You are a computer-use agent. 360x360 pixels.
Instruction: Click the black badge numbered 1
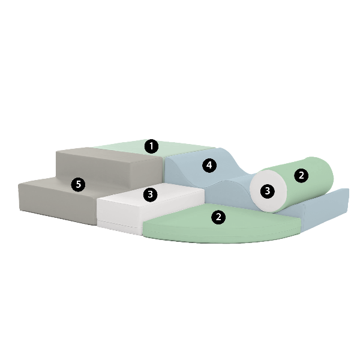(151, 146)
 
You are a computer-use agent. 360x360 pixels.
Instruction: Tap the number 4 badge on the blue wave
(209, 166)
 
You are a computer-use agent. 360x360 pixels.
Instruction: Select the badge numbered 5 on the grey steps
(78, 185)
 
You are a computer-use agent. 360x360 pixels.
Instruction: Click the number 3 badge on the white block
(150, 194)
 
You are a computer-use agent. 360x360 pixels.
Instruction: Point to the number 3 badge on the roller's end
(267, 191)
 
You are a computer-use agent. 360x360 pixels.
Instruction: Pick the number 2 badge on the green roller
(301, 176)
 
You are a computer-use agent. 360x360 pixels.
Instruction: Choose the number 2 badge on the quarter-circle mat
(218, 217)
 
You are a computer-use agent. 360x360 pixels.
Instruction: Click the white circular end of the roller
(268, 191)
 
